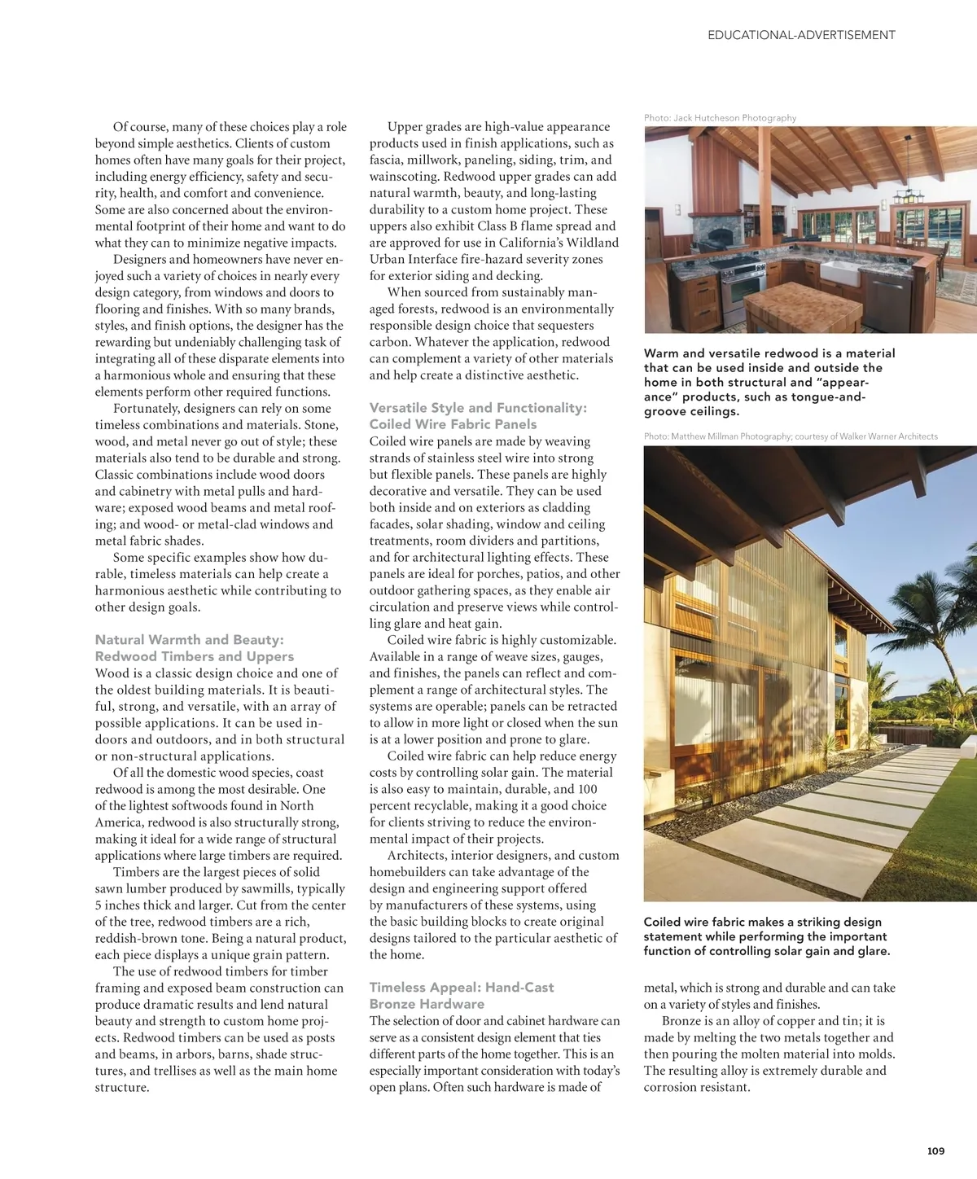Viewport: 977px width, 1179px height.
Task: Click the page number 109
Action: point(935,1151)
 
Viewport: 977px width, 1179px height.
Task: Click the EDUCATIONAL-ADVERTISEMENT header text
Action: point(801,35)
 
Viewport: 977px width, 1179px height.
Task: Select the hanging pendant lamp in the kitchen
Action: point(903,195)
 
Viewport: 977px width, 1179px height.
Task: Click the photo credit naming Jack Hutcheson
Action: point(720,118)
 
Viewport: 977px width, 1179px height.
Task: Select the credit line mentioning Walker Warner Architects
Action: point(790,436)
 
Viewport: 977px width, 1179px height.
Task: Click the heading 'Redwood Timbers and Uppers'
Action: point(194,656)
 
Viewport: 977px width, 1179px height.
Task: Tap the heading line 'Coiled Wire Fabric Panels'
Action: point(453,424)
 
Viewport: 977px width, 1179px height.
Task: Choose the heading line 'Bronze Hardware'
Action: point(427,1004)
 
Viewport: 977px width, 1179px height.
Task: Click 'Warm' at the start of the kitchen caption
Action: point(661,353)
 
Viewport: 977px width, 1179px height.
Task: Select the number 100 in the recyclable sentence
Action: point(587,789)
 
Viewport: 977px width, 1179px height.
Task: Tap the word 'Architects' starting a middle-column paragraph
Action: point(416,856)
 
